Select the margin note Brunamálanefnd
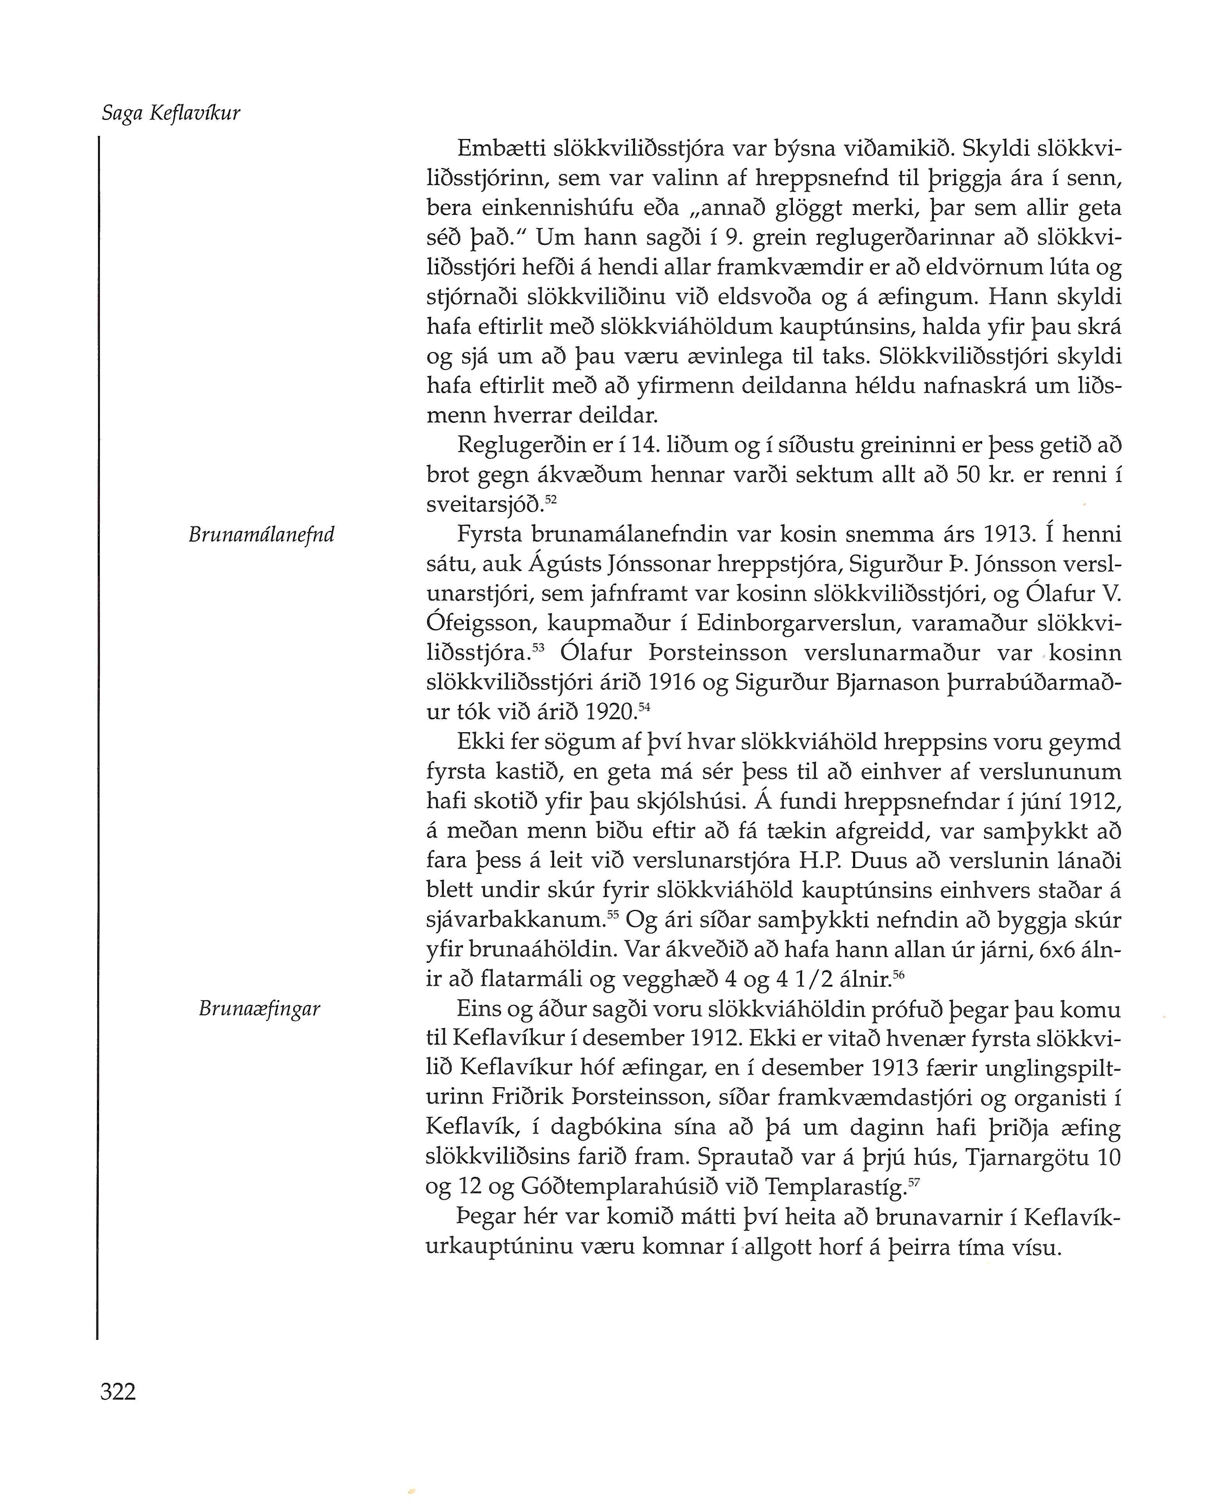[261, 535]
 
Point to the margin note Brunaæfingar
[260, 1009]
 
